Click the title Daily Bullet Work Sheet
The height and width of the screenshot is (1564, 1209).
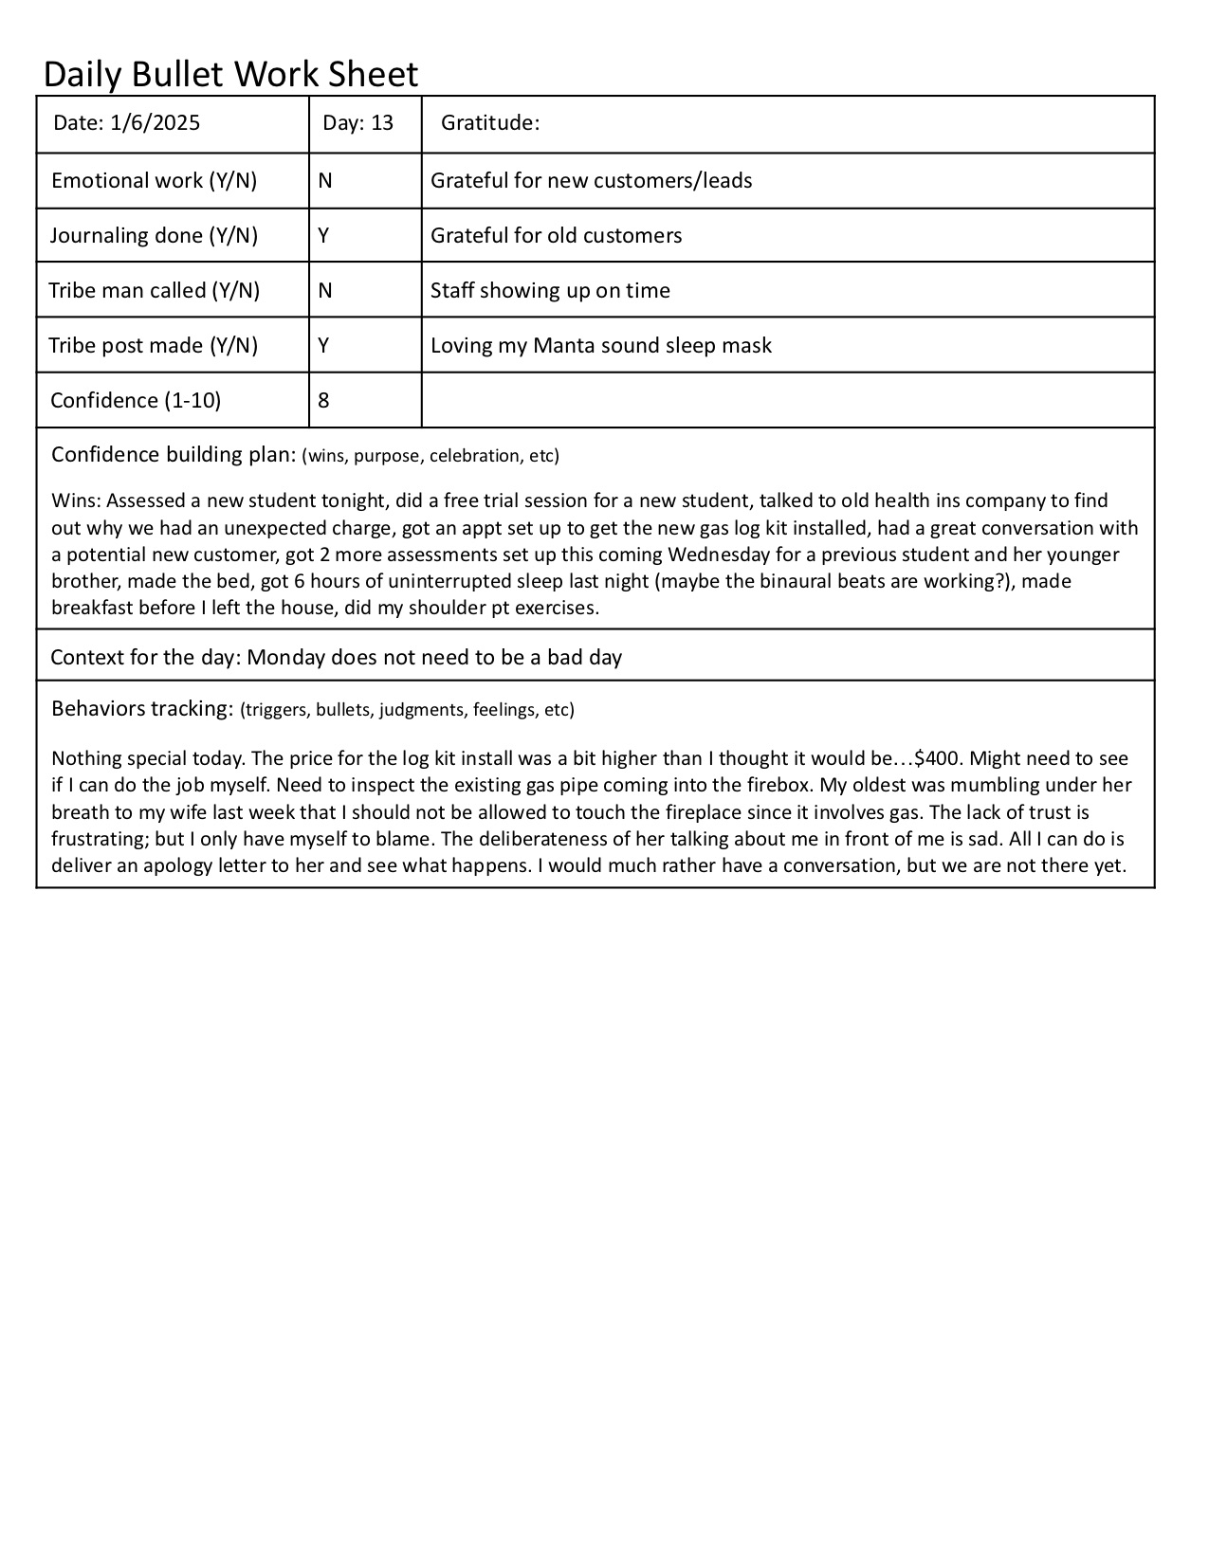pyautogui.click(x=230, y=74)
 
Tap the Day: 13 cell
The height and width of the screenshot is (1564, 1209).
pyautogui.click(x=357, y=123)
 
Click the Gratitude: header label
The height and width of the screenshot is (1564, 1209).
pyautogui.click(x=490, y=123)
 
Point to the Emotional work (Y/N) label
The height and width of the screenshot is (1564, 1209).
pyautogui.click(x=154, y=181)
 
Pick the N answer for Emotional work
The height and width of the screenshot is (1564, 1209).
pyautogui.click(x=325, y=181)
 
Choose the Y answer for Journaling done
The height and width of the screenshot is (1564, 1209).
pyautogui.click(x=324, y=236)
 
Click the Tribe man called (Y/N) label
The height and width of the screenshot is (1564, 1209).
pyautogui.click(x=154, y=291)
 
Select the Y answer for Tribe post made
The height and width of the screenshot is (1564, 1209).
pyautogui.click(x=324, y=346)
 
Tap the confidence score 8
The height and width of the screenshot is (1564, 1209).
pyautogui.click(x=324, y=401)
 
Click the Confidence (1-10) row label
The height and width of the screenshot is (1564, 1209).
pyautogui.click(x=136, y=401)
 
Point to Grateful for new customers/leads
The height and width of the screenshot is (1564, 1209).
pyautogui.click(x=591, y=181)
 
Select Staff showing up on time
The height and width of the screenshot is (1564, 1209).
pyautogui.click(x=550, y=291)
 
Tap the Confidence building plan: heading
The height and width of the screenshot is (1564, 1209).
pyautogui.click(x=174, y=455)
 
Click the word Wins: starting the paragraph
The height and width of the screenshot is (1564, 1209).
pyautogui.click(x=75, y=500)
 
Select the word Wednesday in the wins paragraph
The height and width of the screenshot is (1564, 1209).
pyautogui.click(x=721, y=555)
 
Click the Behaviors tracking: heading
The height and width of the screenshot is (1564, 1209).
pyautogui.click(x=141, y=709)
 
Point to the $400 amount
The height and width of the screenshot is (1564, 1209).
pyautogui.click(x=938, y=758)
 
